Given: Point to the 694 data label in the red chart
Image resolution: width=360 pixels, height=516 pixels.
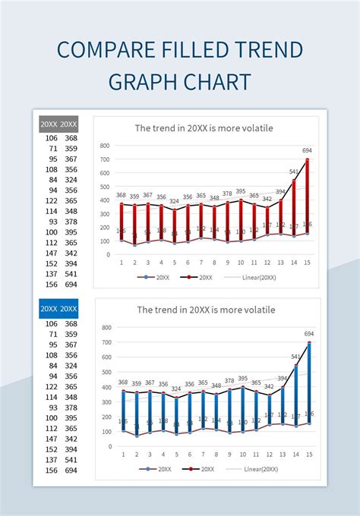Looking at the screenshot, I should click(307, 151).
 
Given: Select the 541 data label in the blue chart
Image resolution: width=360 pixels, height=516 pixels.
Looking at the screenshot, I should click(295, 357).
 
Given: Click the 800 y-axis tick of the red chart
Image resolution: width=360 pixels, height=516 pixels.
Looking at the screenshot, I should click(105, 146).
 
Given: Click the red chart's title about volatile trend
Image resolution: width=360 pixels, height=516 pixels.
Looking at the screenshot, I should click(204, 128).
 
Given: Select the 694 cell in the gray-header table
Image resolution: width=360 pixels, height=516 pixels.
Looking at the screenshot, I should click(71, 285).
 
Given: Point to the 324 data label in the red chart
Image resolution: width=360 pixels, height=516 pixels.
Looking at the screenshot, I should click(174, 201).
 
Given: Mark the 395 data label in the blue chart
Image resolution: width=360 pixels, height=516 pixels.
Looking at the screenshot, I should click(242, 378).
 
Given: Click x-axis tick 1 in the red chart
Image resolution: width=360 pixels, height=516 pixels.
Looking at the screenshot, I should click(121, 263).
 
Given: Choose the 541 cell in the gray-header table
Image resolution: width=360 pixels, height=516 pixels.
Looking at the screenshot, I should click(71, 275).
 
